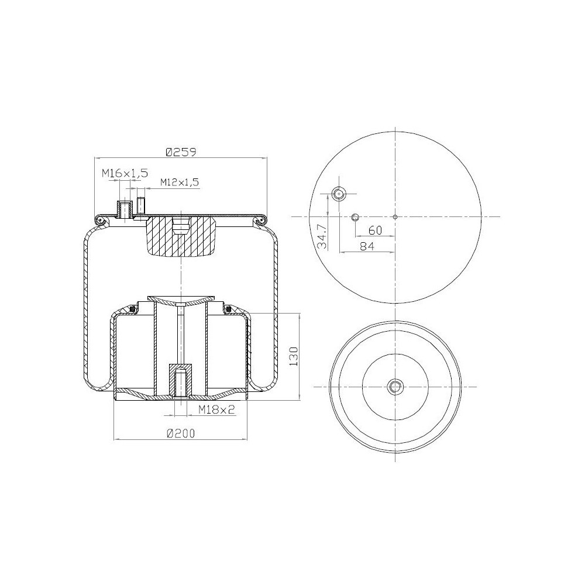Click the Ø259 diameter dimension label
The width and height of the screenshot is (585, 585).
click(180, 152)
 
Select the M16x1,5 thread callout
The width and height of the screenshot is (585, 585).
click(125, 173)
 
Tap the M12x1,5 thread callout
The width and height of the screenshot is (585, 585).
click(172, 182)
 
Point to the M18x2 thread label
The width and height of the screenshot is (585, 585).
click(216, 410)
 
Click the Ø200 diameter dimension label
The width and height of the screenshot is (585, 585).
click(180, 433)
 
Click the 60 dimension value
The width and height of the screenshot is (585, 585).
click(375, 230)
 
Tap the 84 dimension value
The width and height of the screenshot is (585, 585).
click(367, 246)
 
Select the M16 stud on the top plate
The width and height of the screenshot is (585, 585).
click(124, 208)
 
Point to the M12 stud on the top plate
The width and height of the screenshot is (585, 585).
click(141, 206)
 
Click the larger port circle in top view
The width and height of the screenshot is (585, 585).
click(339, 194)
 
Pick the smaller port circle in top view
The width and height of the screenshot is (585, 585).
click(355, 217)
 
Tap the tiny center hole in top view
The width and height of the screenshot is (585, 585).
click(395, 217)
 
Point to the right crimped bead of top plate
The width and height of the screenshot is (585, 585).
click(261, 220)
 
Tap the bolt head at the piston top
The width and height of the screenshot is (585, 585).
click(181, 304)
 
